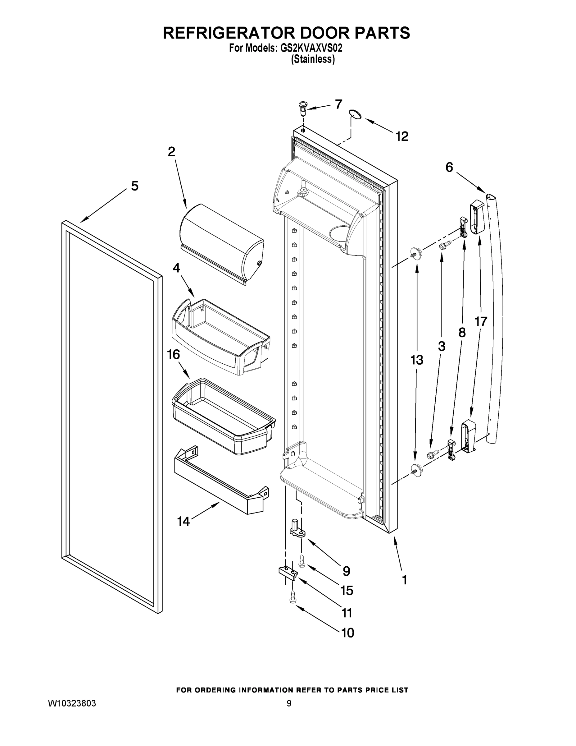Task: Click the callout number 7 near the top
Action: point(338,104)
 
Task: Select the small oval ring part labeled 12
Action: point(355,114)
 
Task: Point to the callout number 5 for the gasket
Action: point(135,186)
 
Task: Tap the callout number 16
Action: point(174,355)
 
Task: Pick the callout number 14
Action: point(183,522)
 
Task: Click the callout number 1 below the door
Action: point(404,580)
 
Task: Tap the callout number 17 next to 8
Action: point(481,321)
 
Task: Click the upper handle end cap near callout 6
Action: point(477,217)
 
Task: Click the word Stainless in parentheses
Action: point(313,59)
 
